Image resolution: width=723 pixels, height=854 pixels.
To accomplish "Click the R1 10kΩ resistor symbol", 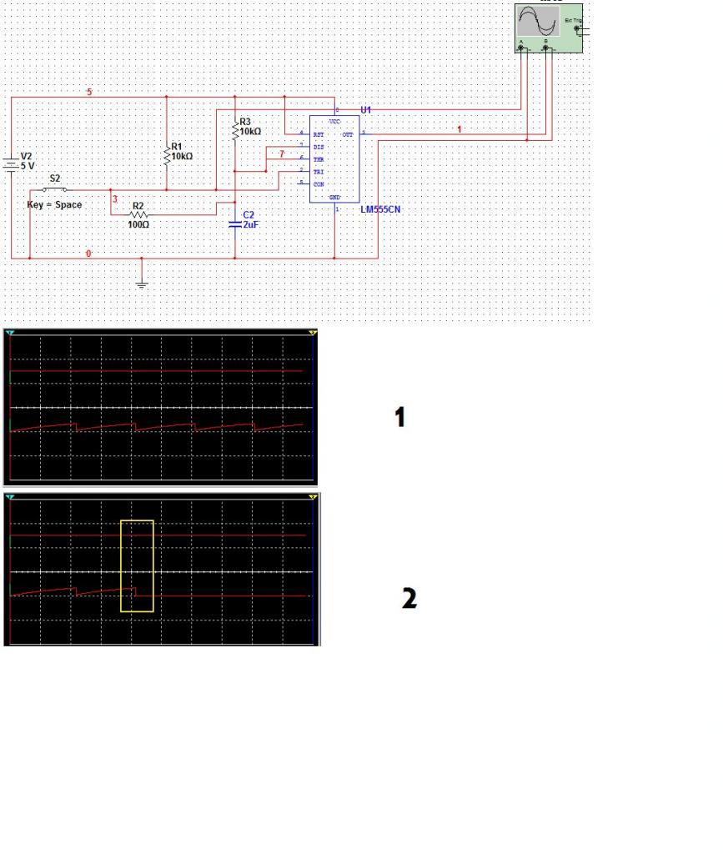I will point(168,153).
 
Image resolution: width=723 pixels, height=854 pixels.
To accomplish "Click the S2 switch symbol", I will point(55,189).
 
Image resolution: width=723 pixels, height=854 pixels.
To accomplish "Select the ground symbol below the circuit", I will point(142,284).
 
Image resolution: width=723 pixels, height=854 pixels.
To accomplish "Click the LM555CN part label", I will point(380,208).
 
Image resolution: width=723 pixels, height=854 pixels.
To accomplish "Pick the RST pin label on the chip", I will point(318,133).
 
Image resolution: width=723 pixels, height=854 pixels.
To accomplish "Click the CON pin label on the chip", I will point(318,183).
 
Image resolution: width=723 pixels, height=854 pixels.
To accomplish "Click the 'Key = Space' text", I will point(55,204).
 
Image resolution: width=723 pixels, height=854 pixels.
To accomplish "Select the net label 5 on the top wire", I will point(89,91).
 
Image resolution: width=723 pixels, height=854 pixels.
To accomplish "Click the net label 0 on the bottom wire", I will point(89,253).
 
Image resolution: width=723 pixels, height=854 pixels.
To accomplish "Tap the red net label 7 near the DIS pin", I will point(282,154).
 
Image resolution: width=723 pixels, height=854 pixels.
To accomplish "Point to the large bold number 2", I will point(409,598).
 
